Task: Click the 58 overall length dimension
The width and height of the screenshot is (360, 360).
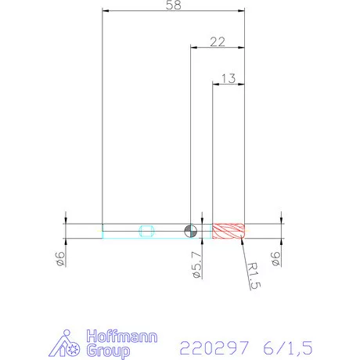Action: pyautogui.click(x=174, y=5)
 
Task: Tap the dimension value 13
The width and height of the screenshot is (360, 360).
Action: pyautogui.click(x=229, y=77)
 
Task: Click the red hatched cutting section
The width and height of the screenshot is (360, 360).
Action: pyautogui.click(x=229, y=231)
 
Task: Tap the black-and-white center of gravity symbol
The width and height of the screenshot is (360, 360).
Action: pyautogui.click(x=189, y=231)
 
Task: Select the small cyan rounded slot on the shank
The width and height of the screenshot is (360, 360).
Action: pyautogui.click(x=146, y=231)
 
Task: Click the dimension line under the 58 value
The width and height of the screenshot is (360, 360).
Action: pyautogui.click(x=174, y=11)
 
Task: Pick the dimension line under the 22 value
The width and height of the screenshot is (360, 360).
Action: pyautogui.click(x=218, y=47)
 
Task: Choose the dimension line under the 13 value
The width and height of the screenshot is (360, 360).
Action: pyautogui.click(x=229, y=85)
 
